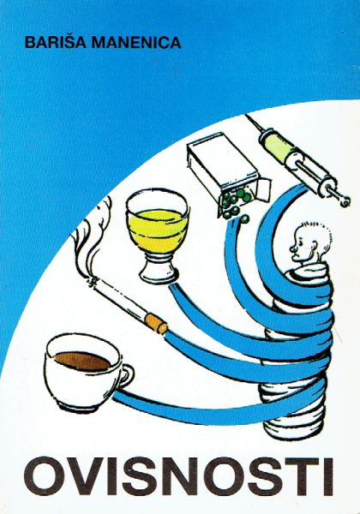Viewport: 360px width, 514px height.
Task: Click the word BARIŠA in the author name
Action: [x=55, y=42]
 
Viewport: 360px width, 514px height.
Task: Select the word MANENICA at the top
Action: [x=136, y=43]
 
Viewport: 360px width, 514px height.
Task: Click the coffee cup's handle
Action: [x=126, y=376]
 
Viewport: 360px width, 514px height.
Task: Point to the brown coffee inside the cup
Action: [x=82, y=361]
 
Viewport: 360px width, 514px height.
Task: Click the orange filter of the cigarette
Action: [x=155, y=323]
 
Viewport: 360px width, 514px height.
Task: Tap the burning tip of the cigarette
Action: [x=93, y=282]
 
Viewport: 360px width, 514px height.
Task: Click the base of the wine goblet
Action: [x=159, y=274]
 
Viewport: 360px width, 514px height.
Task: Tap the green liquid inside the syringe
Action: [x=278, y=148]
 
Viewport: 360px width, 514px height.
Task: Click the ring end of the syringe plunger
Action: [x=345, y=200]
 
